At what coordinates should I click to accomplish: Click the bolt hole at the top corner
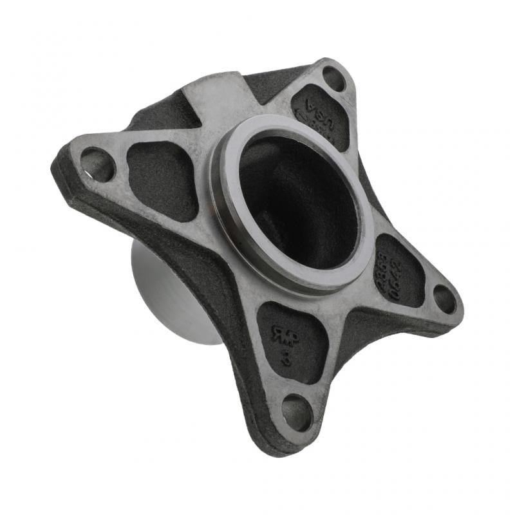point(333,79)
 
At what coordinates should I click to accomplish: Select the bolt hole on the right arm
point(444,298)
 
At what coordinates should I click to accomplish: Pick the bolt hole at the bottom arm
point(297,412)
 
